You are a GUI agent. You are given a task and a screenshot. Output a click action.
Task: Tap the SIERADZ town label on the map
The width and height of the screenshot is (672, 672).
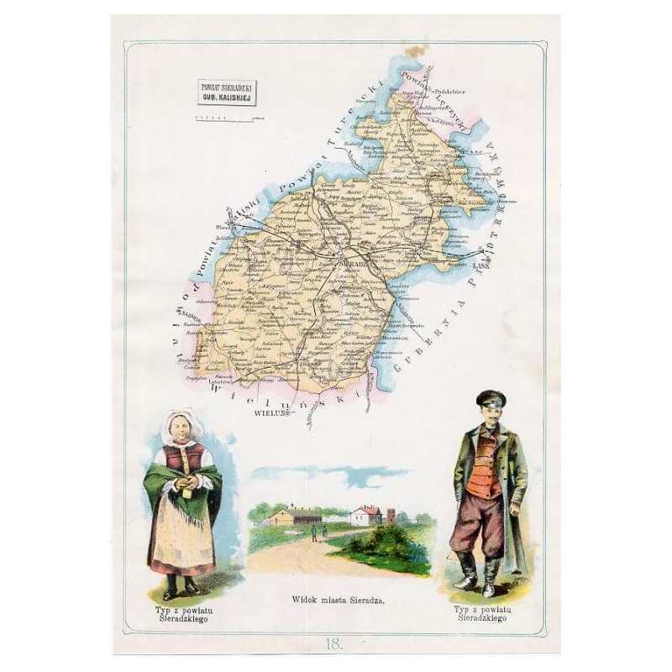click(x=349, y=263)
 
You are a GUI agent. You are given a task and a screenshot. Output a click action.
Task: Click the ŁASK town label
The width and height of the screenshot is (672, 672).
click(x=480, y=266)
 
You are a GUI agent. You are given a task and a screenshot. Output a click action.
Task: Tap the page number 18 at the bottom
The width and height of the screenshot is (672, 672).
click(x=335, y=644)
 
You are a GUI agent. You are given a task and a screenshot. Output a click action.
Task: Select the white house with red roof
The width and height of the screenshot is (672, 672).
click(x=367, y=515)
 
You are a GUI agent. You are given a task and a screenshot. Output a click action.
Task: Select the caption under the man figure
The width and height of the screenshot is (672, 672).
click(x=487, y=610)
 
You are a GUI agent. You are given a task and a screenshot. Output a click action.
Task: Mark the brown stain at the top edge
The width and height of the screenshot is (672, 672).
click(x=412, y=52)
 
